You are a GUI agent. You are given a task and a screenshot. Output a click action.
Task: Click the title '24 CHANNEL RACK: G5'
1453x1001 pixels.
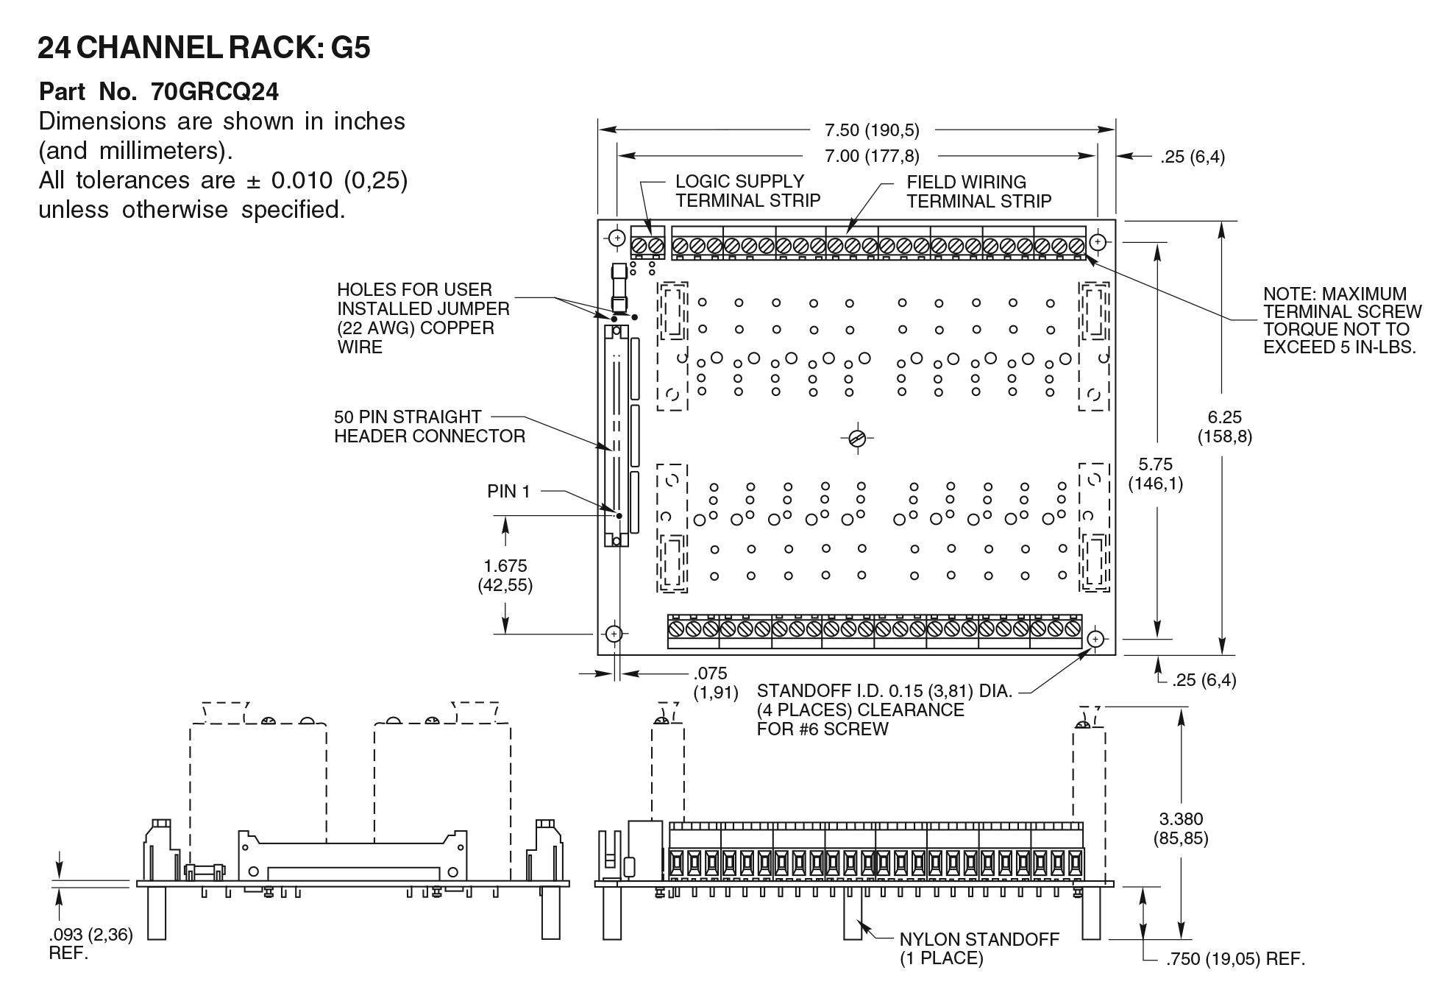point(204,49)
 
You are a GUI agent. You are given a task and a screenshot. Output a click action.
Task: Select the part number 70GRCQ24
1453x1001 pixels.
point(215,92)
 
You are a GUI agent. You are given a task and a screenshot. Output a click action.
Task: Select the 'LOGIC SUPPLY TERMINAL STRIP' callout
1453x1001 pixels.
point(747,191)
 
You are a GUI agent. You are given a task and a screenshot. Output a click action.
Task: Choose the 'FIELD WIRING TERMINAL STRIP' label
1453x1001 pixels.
point(978,191)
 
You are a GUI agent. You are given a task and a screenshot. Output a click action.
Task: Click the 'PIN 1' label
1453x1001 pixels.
point(508,491)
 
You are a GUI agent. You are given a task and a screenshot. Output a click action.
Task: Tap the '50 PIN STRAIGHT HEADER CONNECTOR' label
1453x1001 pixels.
point(430,426)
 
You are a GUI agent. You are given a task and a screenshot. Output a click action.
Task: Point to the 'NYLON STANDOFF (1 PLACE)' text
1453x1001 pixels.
point(978,949)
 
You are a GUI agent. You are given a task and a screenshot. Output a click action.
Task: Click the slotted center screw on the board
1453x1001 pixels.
point(856,439)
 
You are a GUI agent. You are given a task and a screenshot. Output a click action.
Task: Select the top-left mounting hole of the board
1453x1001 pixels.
point(617,238)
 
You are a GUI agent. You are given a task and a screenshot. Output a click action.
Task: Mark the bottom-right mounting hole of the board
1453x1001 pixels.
point(1095,639)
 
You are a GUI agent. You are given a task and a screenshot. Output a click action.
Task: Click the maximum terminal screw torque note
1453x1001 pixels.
point(1342,320)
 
